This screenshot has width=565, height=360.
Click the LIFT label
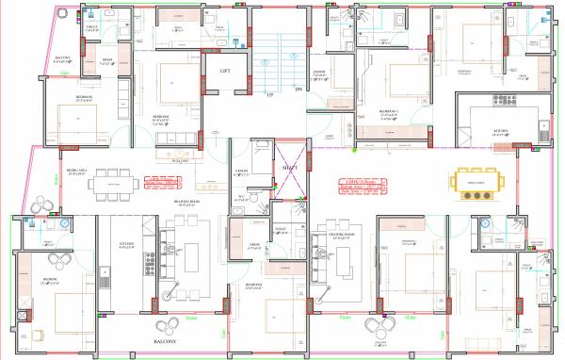(x=226, y=71)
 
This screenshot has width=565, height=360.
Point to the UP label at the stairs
(x=270, y=95)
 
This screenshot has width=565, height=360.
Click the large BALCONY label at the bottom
(x=167, y=341)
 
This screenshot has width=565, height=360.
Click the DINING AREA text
(x=77, y=172)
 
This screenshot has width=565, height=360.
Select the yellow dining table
(x=475, y=185)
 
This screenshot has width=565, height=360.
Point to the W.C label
(x=241, y=197)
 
